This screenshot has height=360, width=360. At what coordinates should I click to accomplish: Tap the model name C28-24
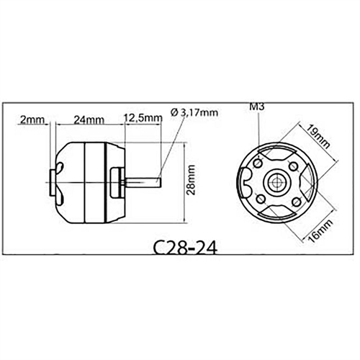coord(184,248)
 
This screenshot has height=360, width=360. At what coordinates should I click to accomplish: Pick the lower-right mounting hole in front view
coord(293,199)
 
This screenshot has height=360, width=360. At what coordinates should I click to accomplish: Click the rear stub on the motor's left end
coord(54,181)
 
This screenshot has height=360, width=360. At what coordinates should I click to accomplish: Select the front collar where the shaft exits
coord(116,181)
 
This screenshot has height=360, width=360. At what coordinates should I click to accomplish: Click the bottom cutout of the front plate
coord(276,210)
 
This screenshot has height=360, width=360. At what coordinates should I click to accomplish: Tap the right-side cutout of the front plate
coord(305,182)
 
